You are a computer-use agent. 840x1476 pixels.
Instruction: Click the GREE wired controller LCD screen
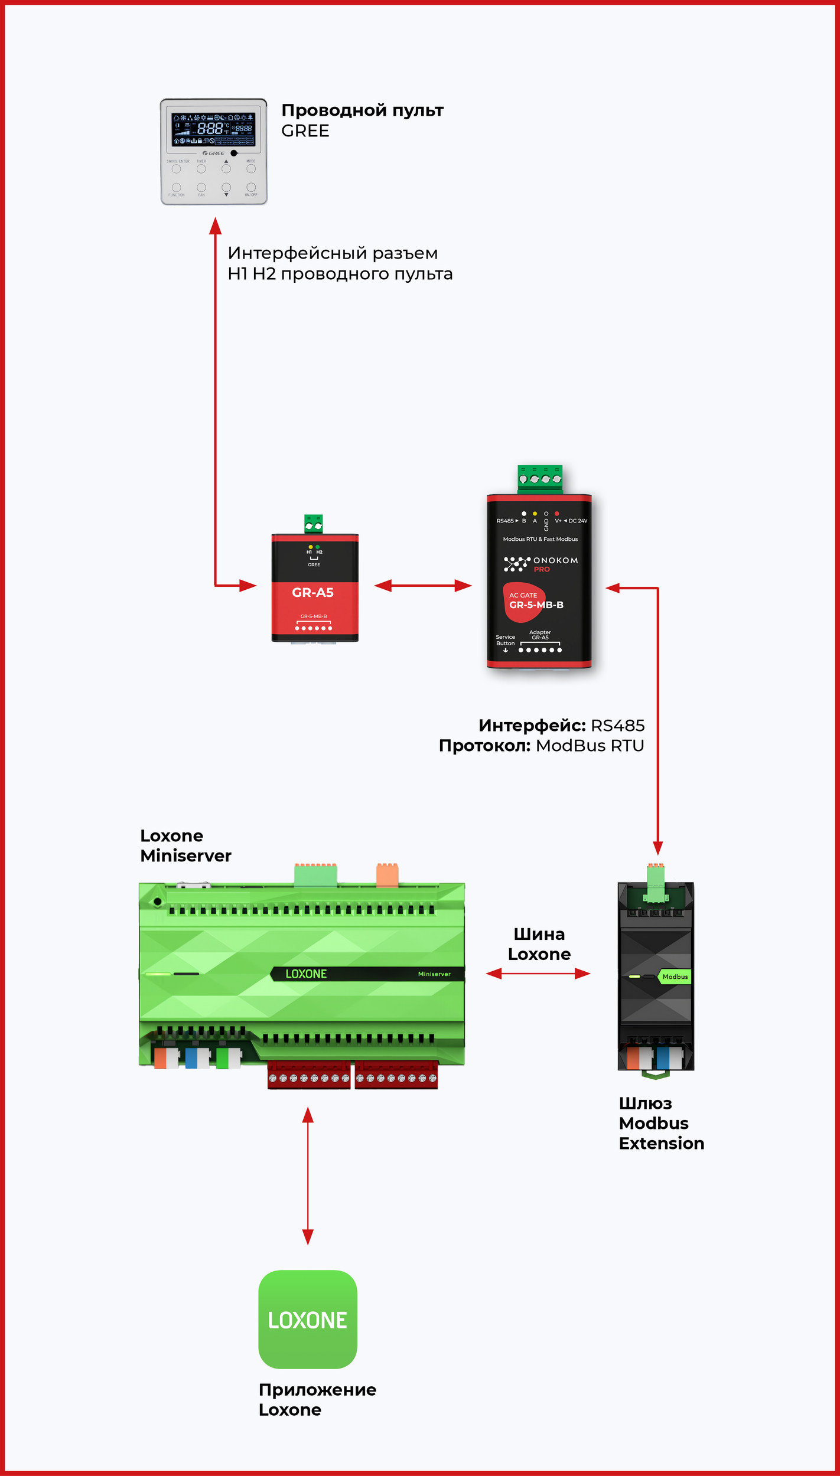213,129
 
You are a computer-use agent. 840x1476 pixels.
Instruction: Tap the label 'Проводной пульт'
362,110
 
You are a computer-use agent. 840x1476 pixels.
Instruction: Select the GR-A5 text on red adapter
312,592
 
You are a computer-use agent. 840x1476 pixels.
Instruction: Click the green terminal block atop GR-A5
314,524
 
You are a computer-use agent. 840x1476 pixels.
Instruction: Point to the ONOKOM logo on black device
541,564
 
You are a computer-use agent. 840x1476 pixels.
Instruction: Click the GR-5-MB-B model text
536,605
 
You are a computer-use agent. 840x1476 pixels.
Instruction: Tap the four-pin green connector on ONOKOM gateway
540,478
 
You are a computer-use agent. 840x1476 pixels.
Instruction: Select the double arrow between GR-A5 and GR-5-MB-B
423,586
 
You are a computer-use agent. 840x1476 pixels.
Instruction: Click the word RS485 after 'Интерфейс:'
617,725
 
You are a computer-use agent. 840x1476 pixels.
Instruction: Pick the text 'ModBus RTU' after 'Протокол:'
590,746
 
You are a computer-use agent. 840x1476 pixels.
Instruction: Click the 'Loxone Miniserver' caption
185,845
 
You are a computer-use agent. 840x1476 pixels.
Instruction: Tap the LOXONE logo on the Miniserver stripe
306,974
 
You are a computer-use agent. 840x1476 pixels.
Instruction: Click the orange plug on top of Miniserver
388,875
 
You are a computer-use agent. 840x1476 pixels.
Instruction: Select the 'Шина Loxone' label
539,944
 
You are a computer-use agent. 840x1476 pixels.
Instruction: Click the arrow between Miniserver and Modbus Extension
538,974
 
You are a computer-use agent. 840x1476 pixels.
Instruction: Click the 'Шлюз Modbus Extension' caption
661,1123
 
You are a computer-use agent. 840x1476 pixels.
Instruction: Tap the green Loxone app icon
308,1320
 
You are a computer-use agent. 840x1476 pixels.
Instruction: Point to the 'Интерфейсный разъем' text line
333,253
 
